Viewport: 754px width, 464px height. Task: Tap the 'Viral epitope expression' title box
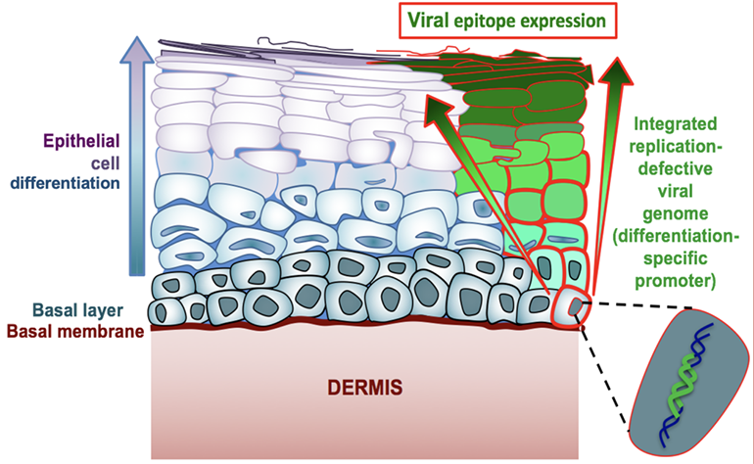(506, 22)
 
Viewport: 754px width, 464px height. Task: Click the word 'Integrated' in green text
(678, 125)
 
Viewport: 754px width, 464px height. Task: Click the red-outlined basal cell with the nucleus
(569, 310)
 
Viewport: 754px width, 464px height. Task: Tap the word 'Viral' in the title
(429, 22)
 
